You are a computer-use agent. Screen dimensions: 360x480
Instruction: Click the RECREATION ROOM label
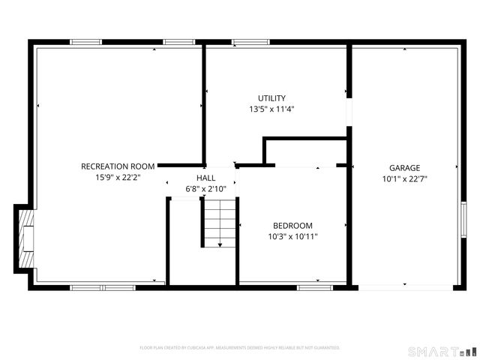[x=118, y=166]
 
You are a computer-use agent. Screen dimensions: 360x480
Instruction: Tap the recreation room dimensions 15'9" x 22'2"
[x=118, y=178]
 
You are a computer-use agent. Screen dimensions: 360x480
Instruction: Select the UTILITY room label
[x=271, y=98]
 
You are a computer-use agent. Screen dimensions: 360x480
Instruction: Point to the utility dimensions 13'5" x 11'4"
[x=271, y=109]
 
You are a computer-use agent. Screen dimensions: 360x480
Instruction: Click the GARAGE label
[x=404, y=168]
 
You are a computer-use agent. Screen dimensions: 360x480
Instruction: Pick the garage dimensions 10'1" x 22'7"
[x=404, y=179]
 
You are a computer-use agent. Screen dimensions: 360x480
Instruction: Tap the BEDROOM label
[x=292, y=226]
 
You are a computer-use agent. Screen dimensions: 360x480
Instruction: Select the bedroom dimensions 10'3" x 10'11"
[x=292, y=237]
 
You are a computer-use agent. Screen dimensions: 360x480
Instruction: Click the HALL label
[x=206, y=178]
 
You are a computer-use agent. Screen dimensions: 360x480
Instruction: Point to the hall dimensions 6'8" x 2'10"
[x=206, y=189]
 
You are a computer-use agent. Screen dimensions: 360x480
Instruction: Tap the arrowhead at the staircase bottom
[x=219, y=244]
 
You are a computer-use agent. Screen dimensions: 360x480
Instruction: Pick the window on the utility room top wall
[x=245, y=42]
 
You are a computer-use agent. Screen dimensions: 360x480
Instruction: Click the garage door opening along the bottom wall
[x=405, y=286]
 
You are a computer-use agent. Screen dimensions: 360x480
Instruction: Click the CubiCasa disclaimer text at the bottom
[x=240, y=348]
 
